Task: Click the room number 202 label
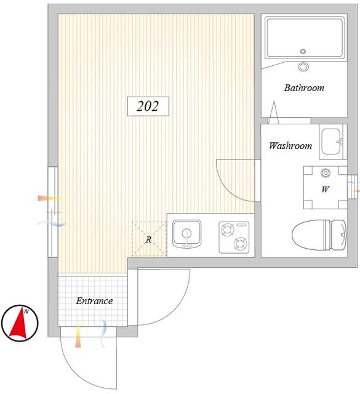[148, 106]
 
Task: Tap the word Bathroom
[304, 87]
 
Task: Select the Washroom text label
[290, 145]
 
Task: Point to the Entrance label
[94, 301]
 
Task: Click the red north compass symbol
[20, 323]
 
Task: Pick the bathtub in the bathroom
[305, 38]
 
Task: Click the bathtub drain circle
[303, 51]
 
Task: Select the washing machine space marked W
[326, 187]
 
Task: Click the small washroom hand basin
[331, 142]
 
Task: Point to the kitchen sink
[186, 235]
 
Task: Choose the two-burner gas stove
[234, 237]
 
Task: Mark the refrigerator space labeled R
[149, 239]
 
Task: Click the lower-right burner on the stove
[240, 244]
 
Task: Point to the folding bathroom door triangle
[274, 112]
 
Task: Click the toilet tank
[338, 235]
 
